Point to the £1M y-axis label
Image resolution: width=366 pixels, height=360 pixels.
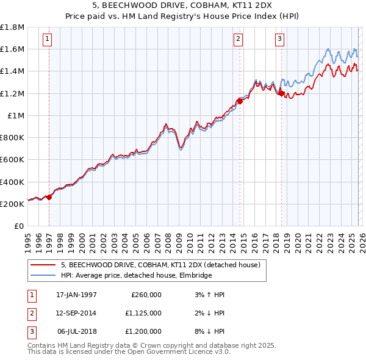(16, 115)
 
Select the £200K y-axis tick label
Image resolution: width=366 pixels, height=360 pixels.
(12, 204)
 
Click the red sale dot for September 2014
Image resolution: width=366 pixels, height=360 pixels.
(240, 101)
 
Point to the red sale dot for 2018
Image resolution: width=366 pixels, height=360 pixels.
(281, 93)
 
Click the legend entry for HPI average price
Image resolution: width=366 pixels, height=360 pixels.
(136, 276)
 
